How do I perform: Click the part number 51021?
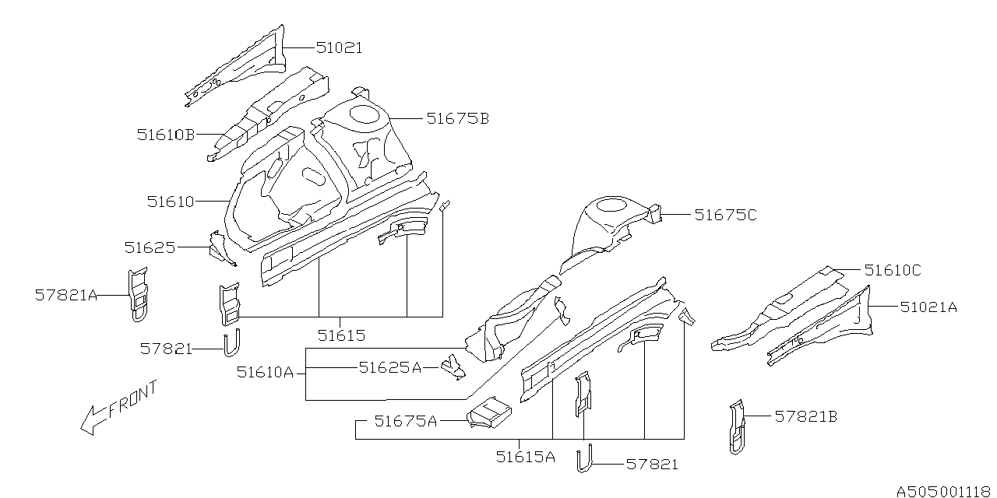coord(339,48)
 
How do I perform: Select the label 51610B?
coord(166,135)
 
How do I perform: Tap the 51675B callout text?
coord(457,119)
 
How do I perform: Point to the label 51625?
coord(150,247)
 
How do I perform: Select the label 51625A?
coord(389,367)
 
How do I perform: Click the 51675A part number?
coord(405,421)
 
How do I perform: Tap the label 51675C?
coord(725,215)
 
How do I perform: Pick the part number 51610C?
coord(893,270)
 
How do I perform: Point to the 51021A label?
coord(928,307)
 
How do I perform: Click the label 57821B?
coord(805,417)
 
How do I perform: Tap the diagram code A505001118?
coord(943,490)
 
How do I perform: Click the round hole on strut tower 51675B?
coord(362,114)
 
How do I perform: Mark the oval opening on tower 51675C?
coord(613,205)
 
